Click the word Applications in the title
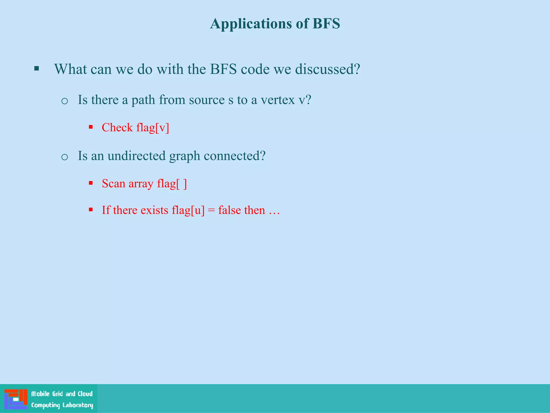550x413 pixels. (x=251, y=24)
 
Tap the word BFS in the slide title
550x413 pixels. (x=326, y=23)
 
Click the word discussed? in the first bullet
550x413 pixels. (x=327, y=69)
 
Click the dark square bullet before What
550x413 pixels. (x=37, y=69)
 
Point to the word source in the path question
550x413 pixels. (x=207, y=100)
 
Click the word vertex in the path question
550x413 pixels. (x=277, y=100)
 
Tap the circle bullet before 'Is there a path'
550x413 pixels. (x=64, y=101)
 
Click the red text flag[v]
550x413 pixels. (x=153, y=127)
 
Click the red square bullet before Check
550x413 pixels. (x=91, y=127)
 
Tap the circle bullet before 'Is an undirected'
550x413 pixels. (x=64, y=157)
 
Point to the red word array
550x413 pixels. (x=141, y=184)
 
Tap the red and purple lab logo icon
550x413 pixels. (x=16, y=399)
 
